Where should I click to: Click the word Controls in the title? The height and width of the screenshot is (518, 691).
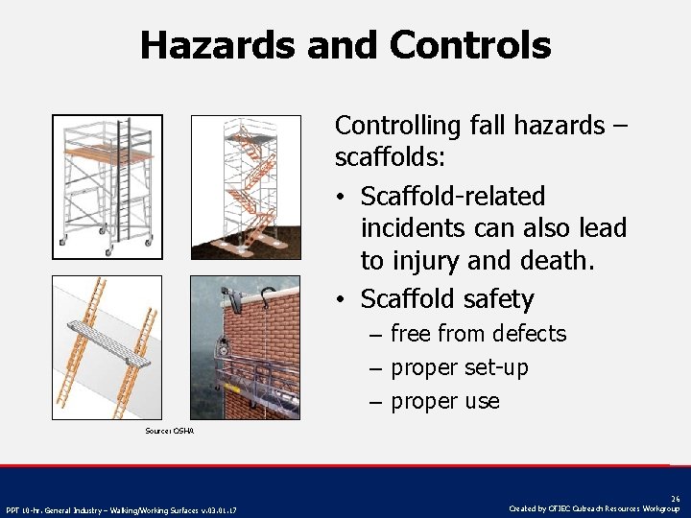click(x=470, y=45)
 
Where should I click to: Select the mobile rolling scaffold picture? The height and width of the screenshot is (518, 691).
click(x=107, y=185)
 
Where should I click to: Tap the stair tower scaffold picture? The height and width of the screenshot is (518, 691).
click(x=245, y=187)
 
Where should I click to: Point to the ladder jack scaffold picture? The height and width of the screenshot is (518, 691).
click(x=107, y=347)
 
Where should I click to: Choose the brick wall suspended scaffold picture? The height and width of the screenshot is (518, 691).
click(x=245, y=347)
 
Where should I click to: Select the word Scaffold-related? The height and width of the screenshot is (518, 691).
click(x=452, y=197)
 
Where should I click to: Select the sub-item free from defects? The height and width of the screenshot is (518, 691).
click(x=478, y=334)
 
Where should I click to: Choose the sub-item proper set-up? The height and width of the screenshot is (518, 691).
click(x=459, y=367)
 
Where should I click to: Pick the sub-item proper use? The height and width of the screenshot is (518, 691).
click(x=444, y=401)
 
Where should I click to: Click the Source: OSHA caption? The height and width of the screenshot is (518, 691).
click(x=169, y=432)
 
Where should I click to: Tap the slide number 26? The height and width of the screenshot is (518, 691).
click(x=675, y=498)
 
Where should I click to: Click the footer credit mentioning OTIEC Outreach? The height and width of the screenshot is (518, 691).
click(x=595, y=508)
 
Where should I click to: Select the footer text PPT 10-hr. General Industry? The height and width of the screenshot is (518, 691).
click(x=120, y=508)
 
